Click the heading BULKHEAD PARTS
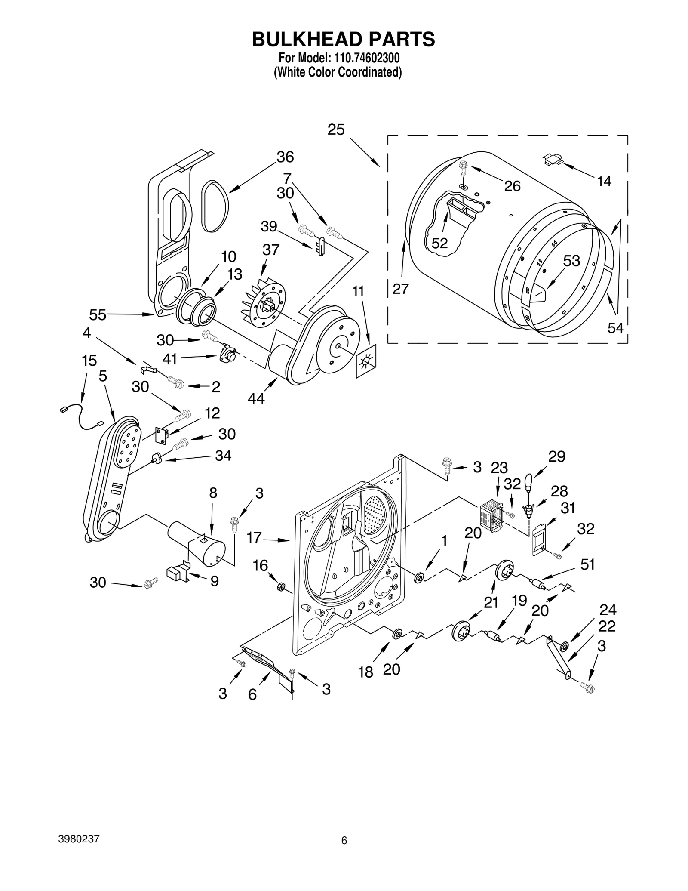pyautogui.click(x=343, y=39)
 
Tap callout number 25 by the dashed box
pyautogui.click(x=336, y=129)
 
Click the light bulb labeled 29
pyautogui.click(x=529, y=481)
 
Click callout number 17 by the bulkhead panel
pyautogui.click(x=254, y=538)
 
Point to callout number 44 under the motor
pyautogui.click(x=256, y=399)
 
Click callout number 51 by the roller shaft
pyautogui.click(x=588, y=564)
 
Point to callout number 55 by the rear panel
pyautogui.click(x=98, y=315)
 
